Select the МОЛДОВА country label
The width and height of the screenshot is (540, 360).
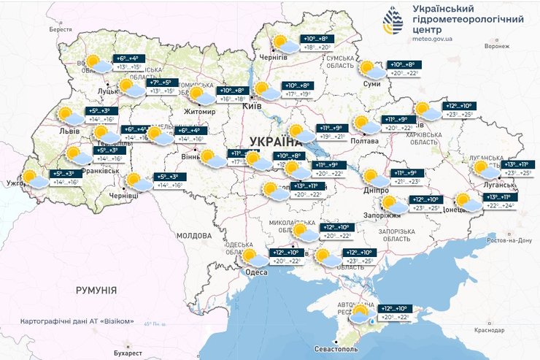tap(193, 236)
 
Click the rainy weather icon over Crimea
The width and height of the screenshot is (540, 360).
tap(362, 315)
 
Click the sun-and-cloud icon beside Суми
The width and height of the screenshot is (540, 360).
tap(371, 69)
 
